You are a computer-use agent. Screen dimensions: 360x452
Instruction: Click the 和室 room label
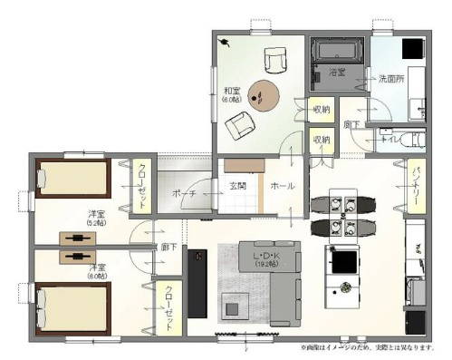click(232, 92)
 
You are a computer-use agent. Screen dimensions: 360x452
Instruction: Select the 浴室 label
click(337, 72)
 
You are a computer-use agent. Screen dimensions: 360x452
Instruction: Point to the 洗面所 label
click(390, 78)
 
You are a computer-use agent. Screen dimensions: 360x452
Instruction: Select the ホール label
click(282, 185)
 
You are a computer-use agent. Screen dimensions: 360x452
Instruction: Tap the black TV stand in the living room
click(197, 281)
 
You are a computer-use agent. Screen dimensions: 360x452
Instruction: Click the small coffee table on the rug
click(232, 308)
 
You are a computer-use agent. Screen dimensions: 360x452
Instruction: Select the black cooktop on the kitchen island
click(344, 262)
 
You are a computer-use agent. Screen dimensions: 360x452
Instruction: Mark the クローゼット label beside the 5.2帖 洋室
click(141, 186)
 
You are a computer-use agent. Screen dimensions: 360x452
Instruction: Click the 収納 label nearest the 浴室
click(321, 110)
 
